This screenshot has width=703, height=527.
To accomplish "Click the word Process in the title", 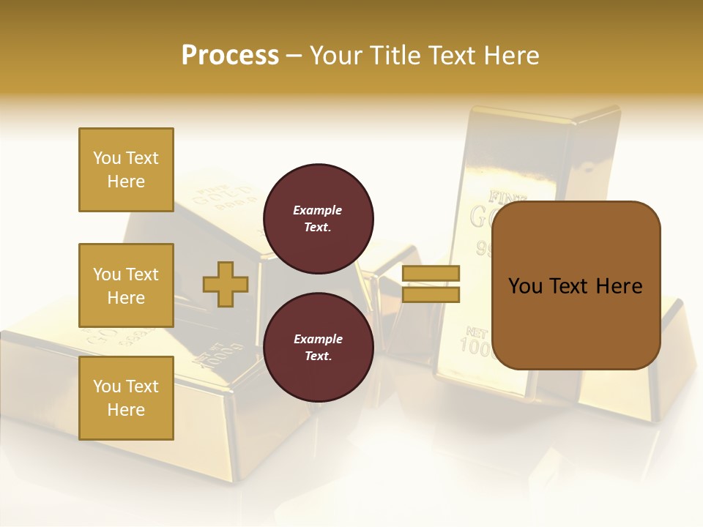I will click(x=230, y=56).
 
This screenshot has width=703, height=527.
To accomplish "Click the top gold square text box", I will click(x=126, y=170).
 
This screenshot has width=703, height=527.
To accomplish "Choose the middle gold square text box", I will click(x=126, y=285).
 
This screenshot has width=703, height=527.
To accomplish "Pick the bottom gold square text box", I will click(x=126, y=398).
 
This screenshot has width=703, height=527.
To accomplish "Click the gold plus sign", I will click(x=226, y=284).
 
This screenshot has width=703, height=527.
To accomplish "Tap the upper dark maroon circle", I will click(x=319, y=219).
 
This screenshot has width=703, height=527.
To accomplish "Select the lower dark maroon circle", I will click(x=319, y=348).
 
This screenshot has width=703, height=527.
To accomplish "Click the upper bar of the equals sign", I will click(x=431, y=274).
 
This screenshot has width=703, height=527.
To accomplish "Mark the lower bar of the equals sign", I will click(x=431, y=294).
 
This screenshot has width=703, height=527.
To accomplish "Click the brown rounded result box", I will click(x=576, y=285).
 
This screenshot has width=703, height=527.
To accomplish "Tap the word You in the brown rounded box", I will click(x=525, y=286).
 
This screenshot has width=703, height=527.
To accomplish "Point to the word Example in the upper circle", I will click(x=318, y=210).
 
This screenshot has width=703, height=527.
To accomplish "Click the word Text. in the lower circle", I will click(x=318, y=356).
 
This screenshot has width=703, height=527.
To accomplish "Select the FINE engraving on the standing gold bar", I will click(x=501, y=197).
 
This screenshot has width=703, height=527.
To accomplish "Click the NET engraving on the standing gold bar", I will click(x=476, y=331).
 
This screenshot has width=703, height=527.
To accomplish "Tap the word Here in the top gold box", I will click(x=126, y=182).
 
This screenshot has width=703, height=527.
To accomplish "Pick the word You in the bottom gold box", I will click(x=107, y=386).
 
